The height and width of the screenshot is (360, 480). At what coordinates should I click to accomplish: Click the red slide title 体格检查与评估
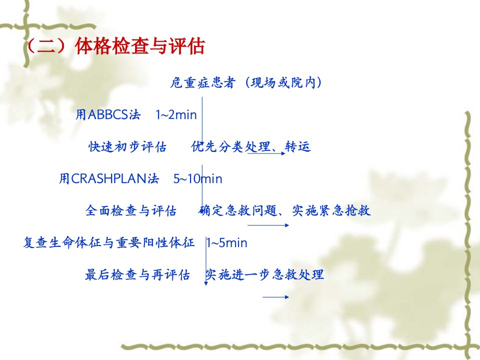coord(139,46)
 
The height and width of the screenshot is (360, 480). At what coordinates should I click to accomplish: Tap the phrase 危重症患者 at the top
coord(202,82)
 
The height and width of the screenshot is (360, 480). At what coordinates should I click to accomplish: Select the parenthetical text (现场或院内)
coord(283,82)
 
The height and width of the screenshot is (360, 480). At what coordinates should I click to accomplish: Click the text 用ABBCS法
coord(108,115)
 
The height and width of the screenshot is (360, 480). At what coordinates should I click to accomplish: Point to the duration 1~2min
coord(176,115)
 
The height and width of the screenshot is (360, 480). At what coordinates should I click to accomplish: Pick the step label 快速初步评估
coord(127,147)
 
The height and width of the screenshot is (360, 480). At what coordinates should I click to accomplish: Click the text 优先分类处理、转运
coord(250,146)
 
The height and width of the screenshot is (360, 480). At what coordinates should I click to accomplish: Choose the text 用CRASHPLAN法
coord(109,179)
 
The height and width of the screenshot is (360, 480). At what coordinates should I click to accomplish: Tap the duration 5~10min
coord(198,179)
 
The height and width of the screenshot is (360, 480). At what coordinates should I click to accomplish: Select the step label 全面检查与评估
coord(131,210)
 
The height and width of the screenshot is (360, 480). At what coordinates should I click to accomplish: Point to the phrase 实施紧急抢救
coord(331,210)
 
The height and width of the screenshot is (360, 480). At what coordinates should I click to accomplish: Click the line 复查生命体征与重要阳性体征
coord(109,243)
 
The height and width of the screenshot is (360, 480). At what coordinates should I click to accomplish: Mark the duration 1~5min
coord(227,243)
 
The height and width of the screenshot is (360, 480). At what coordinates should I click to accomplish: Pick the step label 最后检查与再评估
coord(137,274)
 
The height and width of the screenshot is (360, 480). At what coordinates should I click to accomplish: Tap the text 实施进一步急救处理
coord(264,274)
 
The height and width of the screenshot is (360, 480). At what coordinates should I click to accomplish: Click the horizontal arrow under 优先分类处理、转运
coord(266,153)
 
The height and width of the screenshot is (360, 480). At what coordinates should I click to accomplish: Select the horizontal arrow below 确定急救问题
coord(268,225)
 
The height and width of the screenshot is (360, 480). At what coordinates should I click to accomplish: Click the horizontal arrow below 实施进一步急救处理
coord(276,297)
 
